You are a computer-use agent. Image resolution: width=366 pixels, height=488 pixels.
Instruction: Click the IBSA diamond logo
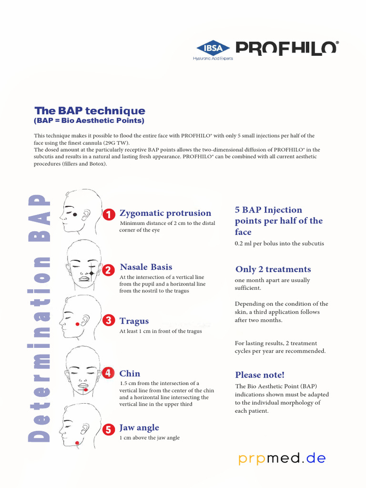pyautogui.click(x=213, y=48)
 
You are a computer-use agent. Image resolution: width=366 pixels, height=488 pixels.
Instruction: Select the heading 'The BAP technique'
pyautogui.click(x=90, y=111)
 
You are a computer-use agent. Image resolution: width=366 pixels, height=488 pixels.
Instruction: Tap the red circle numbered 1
pyautogui.click(x=109, y=215)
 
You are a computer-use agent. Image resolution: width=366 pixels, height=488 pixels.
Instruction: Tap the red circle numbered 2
pyautogui.click(x=109, y=270)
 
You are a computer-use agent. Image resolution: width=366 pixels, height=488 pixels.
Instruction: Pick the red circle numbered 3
pyautogui.click(x=109, y=320)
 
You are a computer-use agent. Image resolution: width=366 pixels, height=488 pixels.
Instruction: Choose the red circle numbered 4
pyautogui.click(x=109, y=373)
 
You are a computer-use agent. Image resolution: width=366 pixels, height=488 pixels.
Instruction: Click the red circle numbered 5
pyautogui.click(x=109, y=429)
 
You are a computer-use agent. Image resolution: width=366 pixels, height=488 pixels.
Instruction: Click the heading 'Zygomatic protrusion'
pyautogui.click(x=165, y=213)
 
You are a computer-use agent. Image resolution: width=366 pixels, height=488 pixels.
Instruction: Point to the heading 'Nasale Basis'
pyautogui.click(x=146, y=267)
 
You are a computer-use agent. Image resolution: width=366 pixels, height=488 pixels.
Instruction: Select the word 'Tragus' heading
pyautogui.click(x=134, y=321)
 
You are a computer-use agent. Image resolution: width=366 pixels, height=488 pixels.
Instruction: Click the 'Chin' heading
pyautogui.click(x=130, y=373)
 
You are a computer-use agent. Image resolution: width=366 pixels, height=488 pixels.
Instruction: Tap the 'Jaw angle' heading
pyautogui.click(x=139, y=427)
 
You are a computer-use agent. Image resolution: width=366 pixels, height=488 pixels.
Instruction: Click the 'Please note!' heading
pyautogui.click(x=260, y=375)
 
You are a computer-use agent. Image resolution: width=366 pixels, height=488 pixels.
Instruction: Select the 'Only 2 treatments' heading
pyautogui.click(x=273, y=269)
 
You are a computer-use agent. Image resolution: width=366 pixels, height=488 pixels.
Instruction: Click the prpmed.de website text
pyautogui.click(x=282, y=458)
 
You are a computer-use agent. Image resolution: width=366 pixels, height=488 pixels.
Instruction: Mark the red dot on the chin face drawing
pyautogui.click(x=86, y=390)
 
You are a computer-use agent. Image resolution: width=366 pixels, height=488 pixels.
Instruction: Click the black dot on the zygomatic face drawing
pyautogui.click(x=75, y=214)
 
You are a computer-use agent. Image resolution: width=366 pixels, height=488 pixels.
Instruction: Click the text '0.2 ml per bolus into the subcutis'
pyautogui.click(x=279, y=244)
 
